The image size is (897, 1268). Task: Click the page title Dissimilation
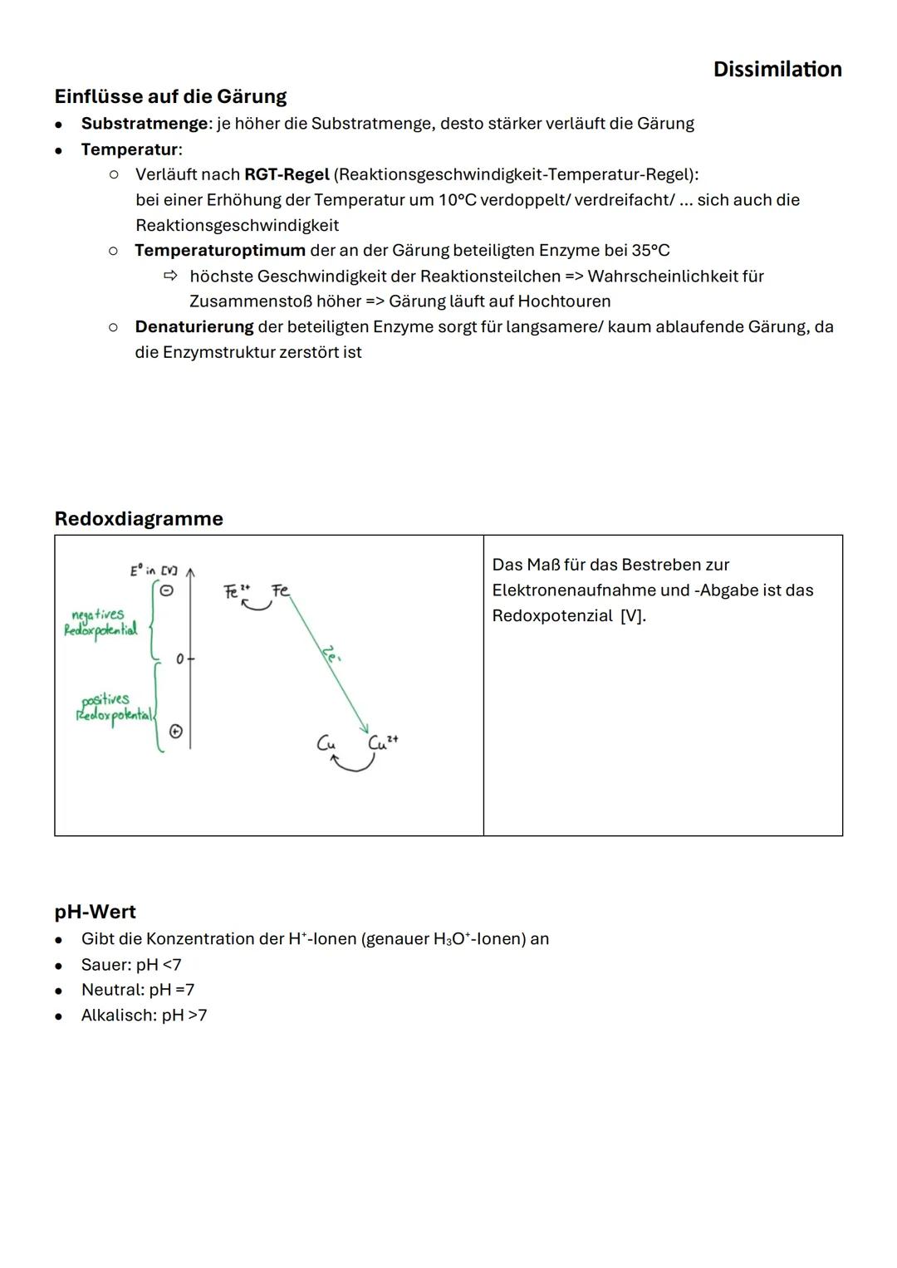[x=777, y=69]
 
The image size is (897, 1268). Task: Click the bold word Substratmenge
[x=145, y=124]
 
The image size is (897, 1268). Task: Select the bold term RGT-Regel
[x=287, y=174]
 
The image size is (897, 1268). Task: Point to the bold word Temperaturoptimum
[x=220, y=251]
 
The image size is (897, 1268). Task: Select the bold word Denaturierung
[x=194, y=327]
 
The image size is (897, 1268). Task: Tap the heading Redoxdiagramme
[x=139, y=519]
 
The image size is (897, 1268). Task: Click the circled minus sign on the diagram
[x=166, y=590]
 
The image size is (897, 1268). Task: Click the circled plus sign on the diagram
[x=176, y=732]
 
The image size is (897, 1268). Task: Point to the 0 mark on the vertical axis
[x=180, y=658]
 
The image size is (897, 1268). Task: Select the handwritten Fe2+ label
[x=236, y=591]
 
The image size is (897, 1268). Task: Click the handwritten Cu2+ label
[x=383, y=742]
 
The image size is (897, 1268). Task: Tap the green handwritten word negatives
[x=97, y=614]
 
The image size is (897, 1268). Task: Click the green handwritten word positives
[x=105, y=699]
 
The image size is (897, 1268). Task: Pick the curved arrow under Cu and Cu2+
[x=353, y=763]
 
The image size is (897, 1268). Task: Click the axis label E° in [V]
[x=153, y=570]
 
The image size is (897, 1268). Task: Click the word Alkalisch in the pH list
[x=118, y=1016]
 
